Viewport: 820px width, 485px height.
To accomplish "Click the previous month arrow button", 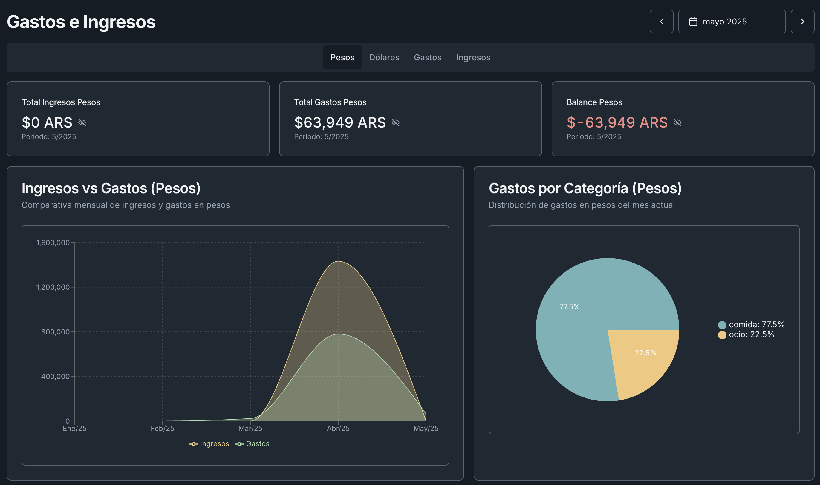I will tap(661, 22).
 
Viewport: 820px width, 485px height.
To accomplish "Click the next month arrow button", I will tap(802, 22).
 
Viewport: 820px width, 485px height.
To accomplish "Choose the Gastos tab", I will tap(427, 58).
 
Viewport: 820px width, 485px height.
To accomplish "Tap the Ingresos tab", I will tap(473, 58).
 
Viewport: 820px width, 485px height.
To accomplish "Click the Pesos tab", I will tap(342, 58).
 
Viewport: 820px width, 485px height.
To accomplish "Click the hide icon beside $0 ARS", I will tap(82, 122).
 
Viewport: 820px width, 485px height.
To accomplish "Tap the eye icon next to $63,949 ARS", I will tap(395, 122).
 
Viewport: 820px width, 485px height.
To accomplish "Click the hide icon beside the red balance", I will tap(677, 122).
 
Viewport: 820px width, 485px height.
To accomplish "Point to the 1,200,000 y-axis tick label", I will tap(53, 287).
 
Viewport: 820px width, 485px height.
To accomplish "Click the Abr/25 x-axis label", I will tap(338, 429).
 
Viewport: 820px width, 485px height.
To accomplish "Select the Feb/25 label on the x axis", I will tap(162, 429).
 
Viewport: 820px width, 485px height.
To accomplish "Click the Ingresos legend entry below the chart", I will tap(209, 444).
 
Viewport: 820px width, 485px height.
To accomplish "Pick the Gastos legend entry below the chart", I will tap(253, 444).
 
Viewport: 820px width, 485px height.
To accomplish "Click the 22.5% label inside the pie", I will tap(645, 353).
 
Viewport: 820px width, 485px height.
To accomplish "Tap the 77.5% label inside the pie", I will tap(569, 306).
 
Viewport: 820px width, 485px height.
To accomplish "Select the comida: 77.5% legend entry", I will tap(751, 325).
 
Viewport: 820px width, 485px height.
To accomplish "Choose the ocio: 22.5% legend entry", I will tap(746, 335).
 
